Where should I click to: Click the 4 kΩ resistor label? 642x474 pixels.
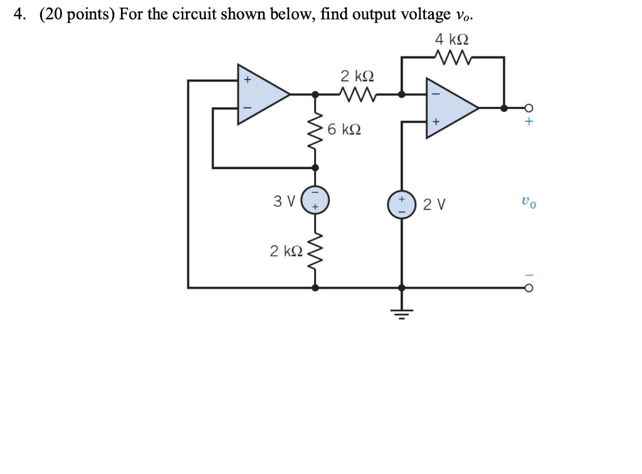click(451, 39)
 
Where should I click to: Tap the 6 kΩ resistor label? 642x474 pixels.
click(344, 130)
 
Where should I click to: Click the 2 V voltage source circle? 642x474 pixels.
click(402, 204)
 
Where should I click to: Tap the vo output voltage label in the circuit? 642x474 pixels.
click(528, 203)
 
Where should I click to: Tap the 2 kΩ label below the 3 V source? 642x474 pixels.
click(286, 251)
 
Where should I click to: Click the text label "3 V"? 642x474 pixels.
click(283, 201)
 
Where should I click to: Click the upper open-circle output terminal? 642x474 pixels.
click(528, 108)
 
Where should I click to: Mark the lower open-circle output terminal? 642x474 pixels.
click(528, 288)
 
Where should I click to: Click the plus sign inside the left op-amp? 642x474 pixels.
click(247, 80)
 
